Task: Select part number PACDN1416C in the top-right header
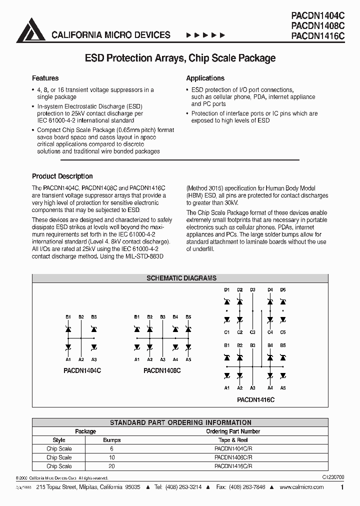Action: [x=317, y=35]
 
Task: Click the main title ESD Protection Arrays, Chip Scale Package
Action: [x=180, y=58]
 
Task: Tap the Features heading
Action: [x=45, y=78]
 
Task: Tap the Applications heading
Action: [x=205, y=78]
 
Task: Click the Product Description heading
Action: [x=62, y=176]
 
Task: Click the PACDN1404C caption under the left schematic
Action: [x=82, y=371]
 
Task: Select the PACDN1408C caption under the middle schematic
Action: [x=161, y=371]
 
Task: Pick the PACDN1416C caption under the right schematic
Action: [x=255, y=400]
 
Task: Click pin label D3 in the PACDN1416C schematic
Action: [x=252, y=290]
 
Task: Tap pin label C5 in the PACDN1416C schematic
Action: [x=283, y=332]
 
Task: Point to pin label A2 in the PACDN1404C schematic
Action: [x=81, y=359]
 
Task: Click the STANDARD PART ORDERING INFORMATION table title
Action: [x=180, y=422]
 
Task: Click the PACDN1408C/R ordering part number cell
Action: [x=233, y=457]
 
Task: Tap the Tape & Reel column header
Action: [x=233, y=440]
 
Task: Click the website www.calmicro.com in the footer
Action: [x=301, y=487]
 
